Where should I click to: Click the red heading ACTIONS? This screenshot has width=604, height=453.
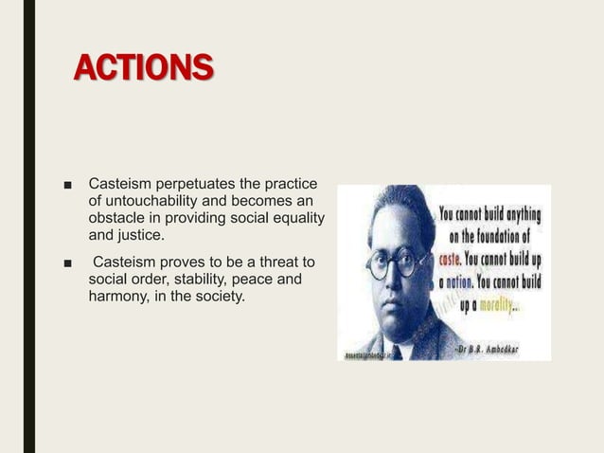point(144,68)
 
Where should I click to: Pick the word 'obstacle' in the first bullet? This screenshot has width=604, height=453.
point(115,220)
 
